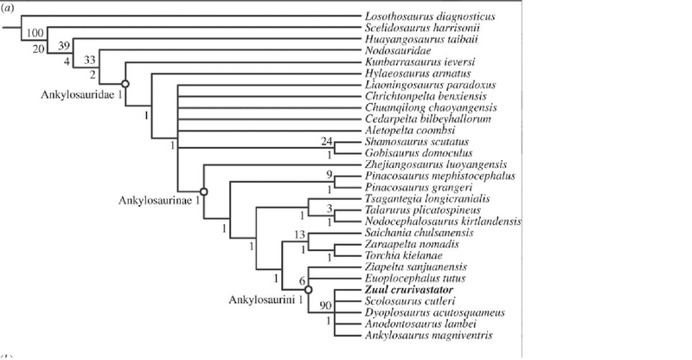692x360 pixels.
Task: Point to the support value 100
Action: pyautogui.click(x=35, y=33)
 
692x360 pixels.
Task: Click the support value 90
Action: pyautogui.click(x=325, y=305)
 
